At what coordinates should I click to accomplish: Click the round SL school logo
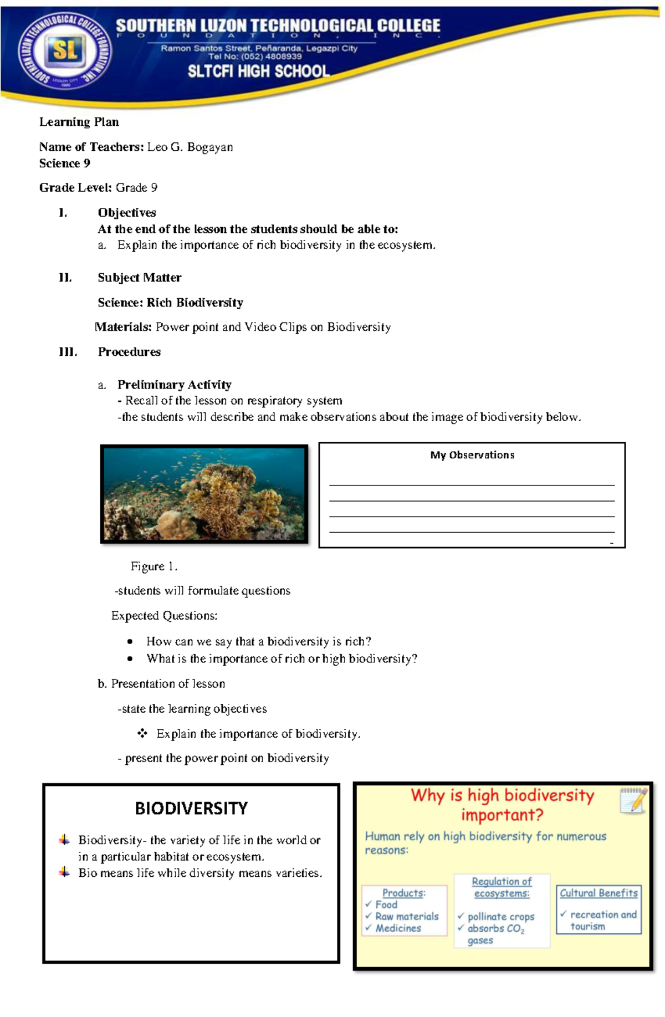coord(65,51)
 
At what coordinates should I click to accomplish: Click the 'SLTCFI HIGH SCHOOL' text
coord(258,71)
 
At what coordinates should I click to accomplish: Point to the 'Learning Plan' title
coord(79,122)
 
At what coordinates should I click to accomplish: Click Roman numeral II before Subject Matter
coord(65,278)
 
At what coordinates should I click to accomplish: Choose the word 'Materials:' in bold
coord(123,327)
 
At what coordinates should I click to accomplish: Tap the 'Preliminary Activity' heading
coord(174,385)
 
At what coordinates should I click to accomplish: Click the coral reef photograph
coord(204,493)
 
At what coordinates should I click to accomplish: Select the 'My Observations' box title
coord(472,455)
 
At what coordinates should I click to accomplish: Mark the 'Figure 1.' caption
coord(154,566)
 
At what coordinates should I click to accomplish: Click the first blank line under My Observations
coord(472,485)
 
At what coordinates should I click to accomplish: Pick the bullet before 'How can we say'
coord(130,642)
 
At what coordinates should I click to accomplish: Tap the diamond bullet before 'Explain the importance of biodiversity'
coord(142,733)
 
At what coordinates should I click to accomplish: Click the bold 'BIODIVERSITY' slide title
coord(191,809)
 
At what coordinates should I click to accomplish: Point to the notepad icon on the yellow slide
coord(633,801)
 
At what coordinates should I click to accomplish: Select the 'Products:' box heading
coord(403,893)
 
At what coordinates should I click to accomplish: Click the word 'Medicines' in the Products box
coord(398,928)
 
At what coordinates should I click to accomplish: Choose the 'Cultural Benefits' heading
coord(598,893)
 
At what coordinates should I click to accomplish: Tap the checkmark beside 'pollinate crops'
coord(460,916)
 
